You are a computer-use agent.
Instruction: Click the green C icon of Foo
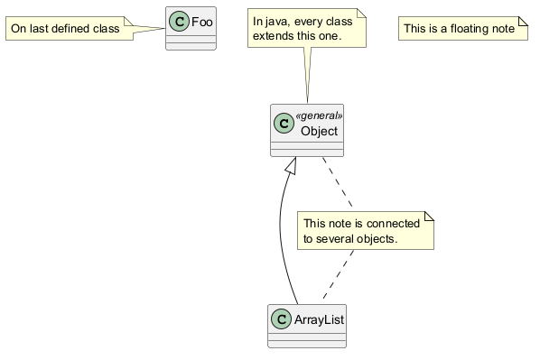pyautogui.click(x=179, y=22)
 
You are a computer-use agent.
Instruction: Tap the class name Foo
pyautogui.click(x=201, y=22)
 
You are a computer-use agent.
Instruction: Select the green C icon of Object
pyautogui.click(x=284, y=124)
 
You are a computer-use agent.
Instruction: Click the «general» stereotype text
pyautogui.click(x=319, y=115)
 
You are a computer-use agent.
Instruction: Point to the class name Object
pyautogui.click(x=319, y=131)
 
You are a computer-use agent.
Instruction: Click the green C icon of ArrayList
pyautogui.click(x=281, y=319)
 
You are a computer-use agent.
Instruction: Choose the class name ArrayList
pyautogui.click(x=319, y=319)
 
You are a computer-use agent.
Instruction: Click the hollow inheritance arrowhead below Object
pyautogui.click(x=292, y=165)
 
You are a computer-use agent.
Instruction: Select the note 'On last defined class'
pyautogui.click(x=70, y=28)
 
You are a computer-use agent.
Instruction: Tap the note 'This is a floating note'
pyautogui.click(x=463, y=28)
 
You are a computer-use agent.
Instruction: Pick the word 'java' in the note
pyautogui.click(x=277, y=22)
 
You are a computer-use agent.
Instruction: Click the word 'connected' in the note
pyautogui.click(x=393, y=224)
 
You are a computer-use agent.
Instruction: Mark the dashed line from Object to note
pyautogui.click(x=338, y=182)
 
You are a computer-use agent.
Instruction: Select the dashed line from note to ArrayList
pyautogui.click(x=339, y=274)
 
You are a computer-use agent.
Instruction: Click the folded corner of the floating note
pyautogui.click(x=524, y=21)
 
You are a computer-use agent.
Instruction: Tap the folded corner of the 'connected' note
pyautogui.click(x=429, y=216)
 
